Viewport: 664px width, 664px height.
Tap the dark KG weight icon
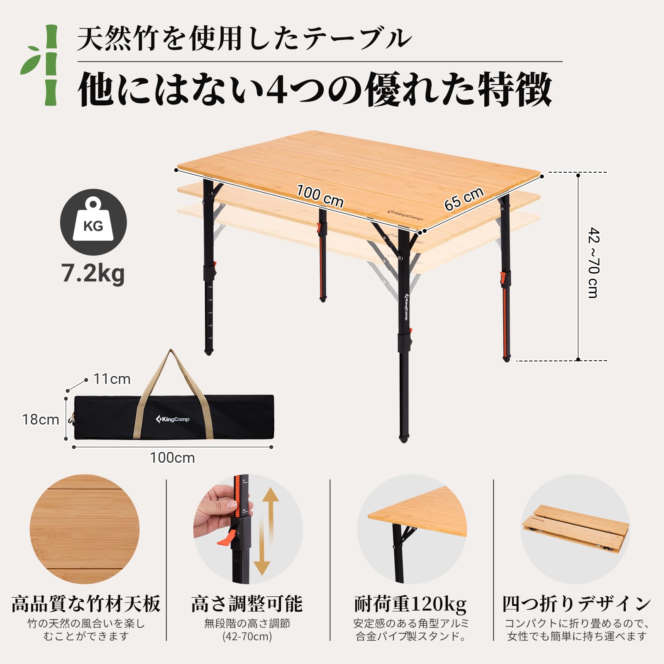pyautogui.click(x=93, y=222)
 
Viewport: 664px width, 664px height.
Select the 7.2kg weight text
pyautogui.click(x=93, y=273)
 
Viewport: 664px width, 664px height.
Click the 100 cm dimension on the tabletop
pyautogui.click(x=320, y=196)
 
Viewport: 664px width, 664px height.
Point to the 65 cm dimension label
pyautogui.click(x=464, y=199)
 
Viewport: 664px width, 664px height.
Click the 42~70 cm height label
pyautogui.click(x=593, y=262)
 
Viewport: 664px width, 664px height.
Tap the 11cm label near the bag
pyautogui.click(x=112, y=379)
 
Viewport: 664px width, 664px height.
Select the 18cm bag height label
pyautogui.click(x=41, y=420)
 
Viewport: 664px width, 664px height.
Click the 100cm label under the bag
pyautogui.click(x=172, y=458)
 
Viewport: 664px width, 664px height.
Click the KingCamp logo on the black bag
pyautogui.click(x=173, y=419)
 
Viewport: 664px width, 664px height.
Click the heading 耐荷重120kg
pyautogui.click(x=410, y=604)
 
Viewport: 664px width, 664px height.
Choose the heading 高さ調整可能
pyautogui.click(x=247, y=604)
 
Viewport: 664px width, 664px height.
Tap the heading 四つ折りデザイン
pyautogui.click(x=576, y=604)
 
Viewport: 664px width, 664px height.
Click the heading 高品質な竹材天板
pyautogui.click(x=86, y=604)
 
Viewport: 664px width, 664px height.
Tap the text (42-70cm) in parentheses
pyautogui.click(x=247, y=636)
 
